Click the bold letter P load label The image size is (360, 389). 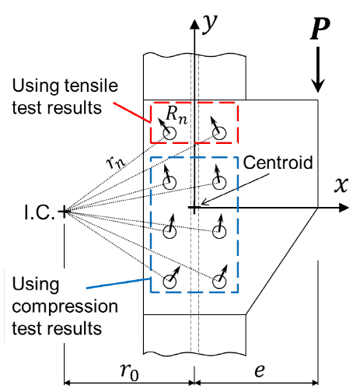pyautogui.click(x=320, y=29)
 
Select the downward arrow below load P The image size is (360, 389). pyautogui.click(x=318, y=69)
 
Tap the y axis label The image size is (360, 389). pyautogui.click(x=209, y=24)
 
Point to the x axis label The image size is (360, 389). pyautogui.click(x=341, y=185)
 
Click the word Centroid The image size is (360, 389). pyautogui.click(x=278, y=163)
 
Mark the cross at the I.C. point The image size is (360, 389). pyautogui.click(x=64, y=212)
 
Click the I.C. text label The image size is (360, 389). pyautogui.click(x=40, y=212)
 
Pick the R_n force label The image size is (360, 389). pyautogui.click(x=177, y=115)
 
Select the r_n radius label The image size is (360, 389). pyautogui.click(x=115, y=163)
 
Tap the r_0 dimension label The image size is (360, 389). pyautogui.click(x=129, y=371)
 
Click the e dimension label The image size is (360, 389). pyautogui.click(x=260, y=371)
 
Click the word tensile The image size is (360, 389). pyautogui.click(x=91, y=86)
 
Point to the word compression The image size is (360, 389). pyautogui.click(x=65, y=307)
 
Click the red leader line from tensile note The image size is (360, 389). pyautogui.click(x=132, y=112)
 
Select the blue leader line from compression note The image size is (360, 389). pyautogui.click(x=118, y=283)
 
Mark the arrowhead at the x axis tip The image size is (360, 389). pyautogui.click(x=344, y=208)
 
